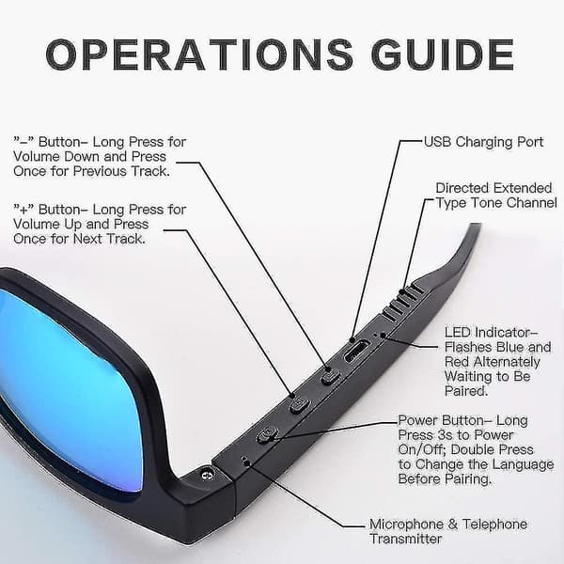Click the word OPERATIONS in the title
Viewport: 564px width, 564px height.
(199, 55)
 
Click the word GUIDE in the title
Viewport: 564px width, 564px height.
(443, 55)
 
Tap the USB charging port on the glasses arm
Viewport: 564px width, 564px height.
(356, 351)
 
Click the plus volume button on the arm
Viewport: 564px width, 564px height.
(299, 405)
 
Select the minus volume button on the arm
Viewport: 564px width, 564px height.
(331, 378)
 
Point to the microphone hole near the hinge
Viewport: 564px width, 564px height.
(245, 460)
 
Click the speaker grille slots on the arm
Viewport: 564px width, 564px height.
(402, 302)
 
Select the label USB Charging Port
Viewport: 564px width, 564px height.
(483, 142)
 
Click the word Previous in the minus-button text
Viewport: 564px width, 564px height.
(100, 171)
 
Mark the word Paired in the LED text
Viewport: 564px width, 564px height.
(466, 391)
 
